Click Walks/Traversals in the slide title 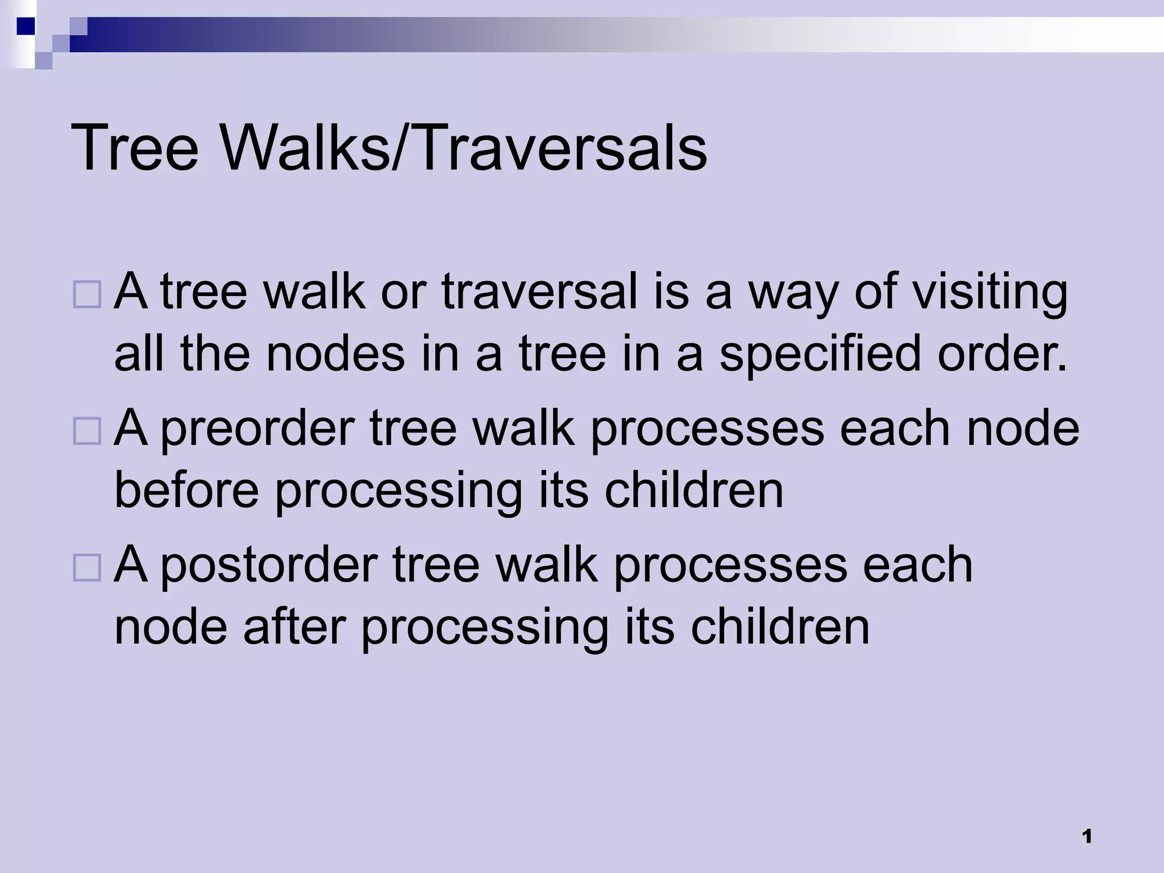[x=463, y=149]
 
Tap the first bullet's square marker [x=87, y=294]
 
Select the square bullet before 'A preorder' [x=87, y=431]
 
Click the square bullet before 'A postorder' [x=87, y=567]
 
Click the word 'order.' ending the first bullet [x=1003, y=354]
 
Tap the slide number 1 [x=1087, y=837]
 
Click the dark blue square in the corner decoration [x=26, y=26]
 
